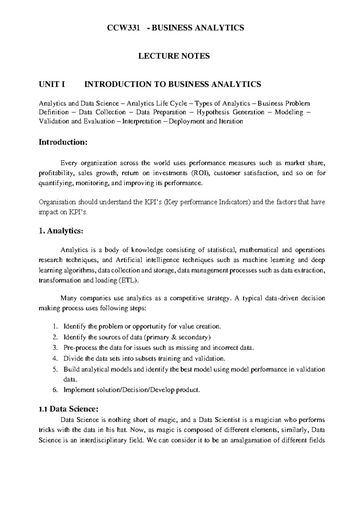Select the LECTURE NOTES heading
(174, 56)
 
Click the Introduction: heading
(63, 142)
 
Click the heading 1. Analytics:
(60, 231)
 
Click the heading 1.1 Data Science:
(68, 409)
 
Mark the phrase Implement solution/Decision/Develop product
(131, 390)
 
